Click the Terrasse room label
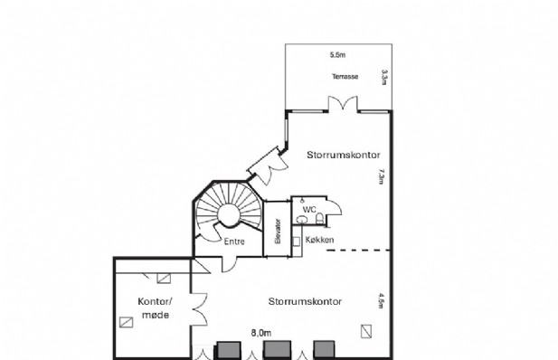(x=345, y=77)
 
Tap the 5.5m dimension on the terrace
(x=337, y=55)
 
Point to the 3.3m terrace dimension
(x=384, y=77)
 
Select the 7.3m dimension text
(x=382, y=176)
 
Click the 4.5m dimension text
(x=381, y=301)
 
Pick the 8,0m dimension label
(x=261, y=333)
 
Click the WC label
(x=309, y=210)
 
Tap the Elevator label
(x=278, y=231)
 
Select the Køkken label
(x=319, y=240)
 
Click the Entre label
(x=234, y=242)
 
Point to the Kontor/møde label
(x=156, y=308)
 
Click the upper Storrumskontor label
(x=344, y=155)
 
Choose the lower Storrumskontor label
(x=305, y=301)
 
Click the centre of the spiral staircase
(x=229, y=214)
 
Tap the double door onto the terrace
(x=343, y=104)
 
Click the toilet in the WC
(x=319, y=218)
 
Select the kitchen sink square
(x=296, y=242)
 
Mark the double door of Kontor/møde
(x=200, y=309)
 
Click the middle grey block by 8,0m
(x=278, y=349)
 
